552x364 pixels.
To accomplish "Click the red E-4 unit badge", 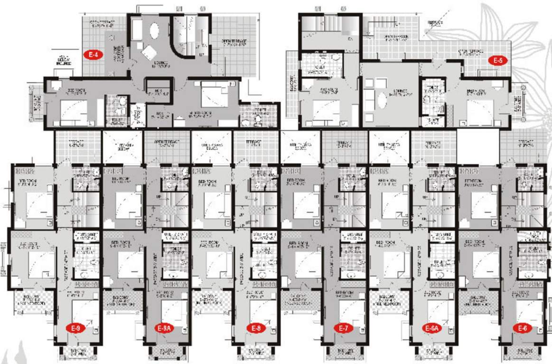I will pos(94,55).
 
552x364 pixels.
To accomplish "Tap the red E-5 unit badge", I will pos(498,60).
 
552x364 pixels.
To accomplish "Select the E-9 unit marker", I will pos(75,328).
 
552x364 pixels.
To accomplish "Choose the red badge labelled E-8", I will pos(255,328).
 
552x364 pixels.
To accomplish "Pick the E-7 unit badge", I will pos(342,328).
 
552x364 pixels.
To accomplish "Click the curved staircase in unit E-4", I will pos(182,38).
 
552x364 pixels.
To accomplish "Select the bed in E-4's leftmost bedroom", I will pos(74,112).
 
